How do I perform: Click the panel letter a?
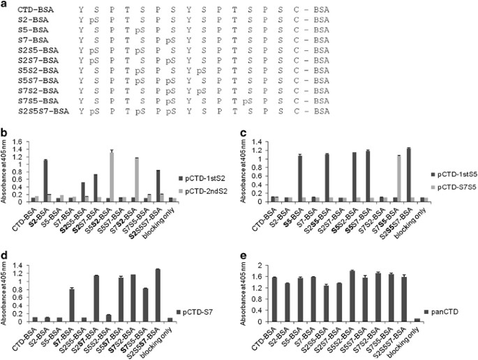pyautogui.click(x=4, y=5)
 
